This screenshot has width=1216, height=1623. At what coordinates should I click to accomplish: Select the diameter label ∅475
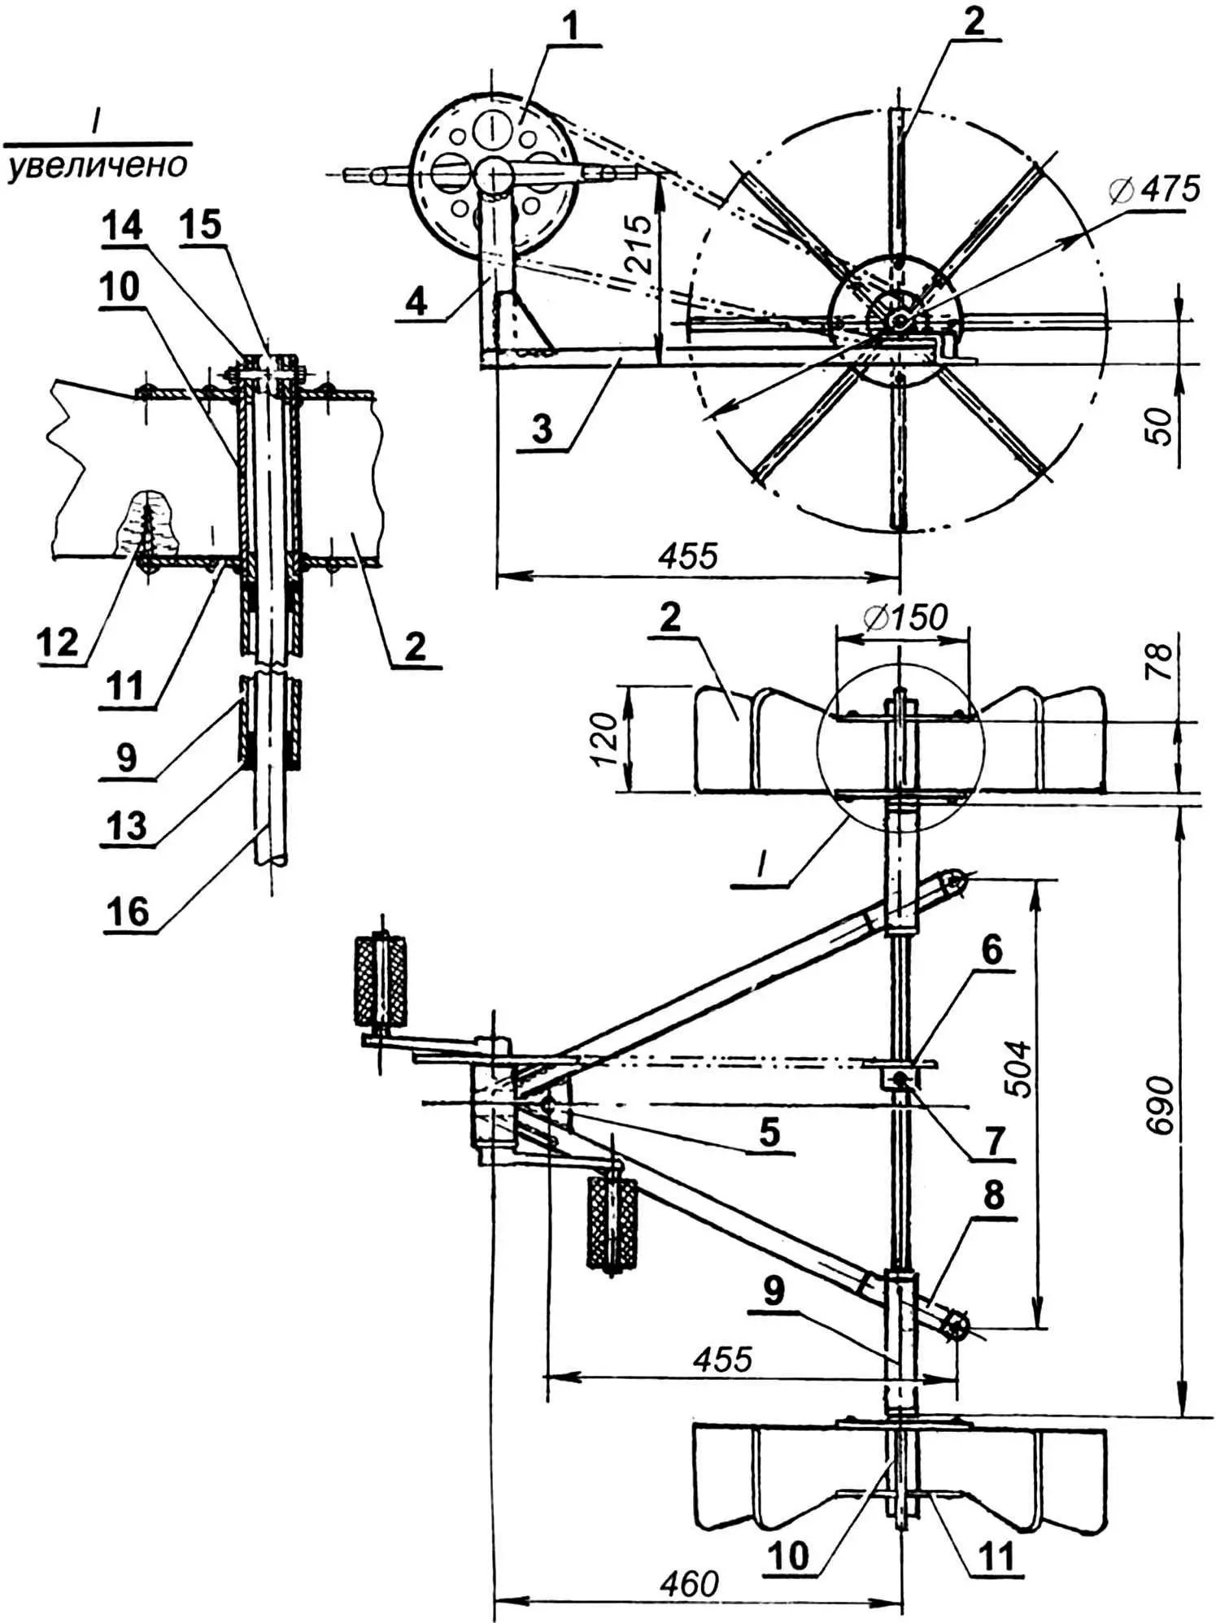[x=1153, y=189]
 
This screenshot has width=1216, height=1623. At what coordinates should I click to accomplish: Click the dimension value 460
[x=691, y=1584]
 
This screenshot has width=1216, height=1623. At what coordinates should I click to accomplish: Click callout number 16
[x=129, y=912]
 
